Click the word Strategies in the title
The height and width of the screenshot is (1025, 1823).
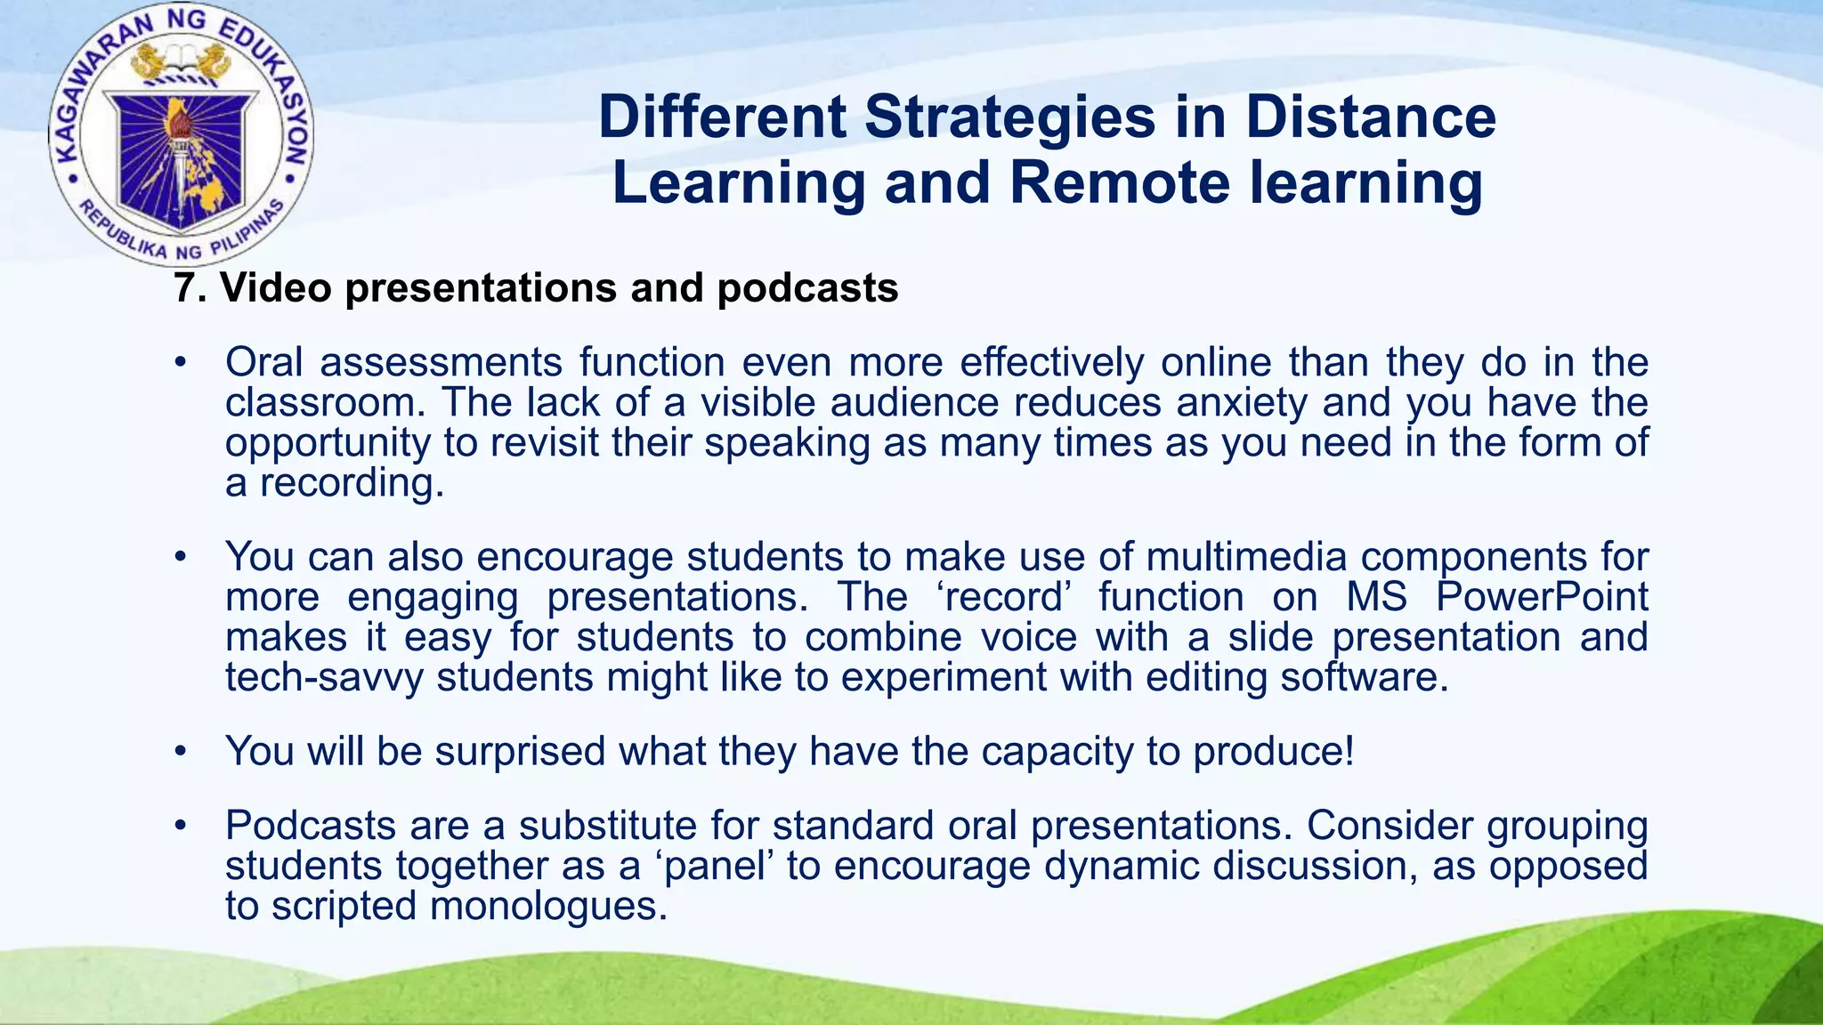point(1010,117)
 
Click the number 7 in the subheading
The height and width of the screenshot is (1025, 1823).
point(183,288)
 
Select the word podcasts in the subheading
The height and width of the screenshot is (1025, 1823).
point(807,288)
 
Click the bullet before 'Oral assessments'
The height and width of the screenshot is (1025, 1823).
point(181,363)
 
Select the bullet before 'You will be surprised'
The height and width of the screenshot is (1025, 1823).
point(181,752)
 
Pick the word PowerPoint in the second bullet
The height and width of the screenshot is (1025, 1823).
point(1542,597)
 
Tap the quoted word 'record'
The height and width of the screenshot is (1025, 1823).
point(1003,597)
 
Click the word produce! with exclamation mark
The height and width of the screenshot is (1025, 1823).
point(1273,752)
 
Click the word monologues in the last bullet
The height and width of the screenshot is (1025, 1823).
point(547,907)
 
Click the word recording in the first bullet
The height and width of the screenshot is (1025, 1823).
point(352,484)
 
